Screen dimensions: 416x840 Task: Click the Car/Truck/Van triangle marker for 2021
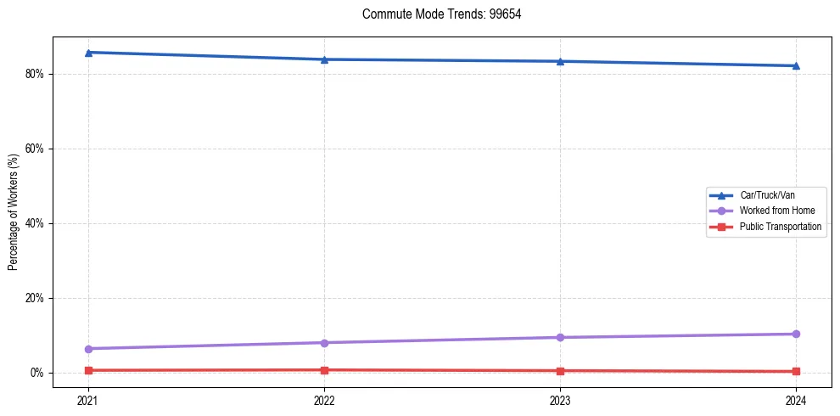point(88,53)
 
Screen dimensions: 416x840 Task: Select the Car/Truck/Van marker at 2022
point(324,59)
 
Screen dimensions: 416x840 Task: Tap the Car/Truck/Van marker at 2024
point(796,65)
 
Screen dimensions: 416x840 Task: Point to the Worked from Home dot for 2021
point(88,349)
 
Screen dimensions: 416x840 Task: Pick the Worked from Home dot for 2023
point(560,337)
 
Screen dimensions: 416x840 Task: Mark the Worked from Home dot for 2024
point(796,334)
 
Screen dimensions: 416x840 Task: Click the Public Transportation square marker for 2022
point(324,370)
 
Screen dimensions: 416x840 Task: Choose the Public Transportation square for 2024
point(796,371)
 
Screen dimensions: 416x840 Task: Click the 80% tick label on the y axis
point(36,74)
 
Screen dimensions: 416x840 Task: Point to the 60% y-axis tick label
point(36,149)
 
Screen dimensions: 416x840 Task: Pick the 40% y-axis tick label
point(36,223)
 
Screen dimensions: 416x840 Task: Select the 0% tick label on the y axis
point(38,373)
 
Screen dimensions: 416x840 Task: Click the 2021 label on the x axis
point(88,400)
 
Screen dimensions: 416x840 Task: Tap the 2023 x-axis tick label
point(560,400)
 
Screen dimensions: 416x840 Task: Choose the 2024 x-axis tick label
point(796,400)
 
